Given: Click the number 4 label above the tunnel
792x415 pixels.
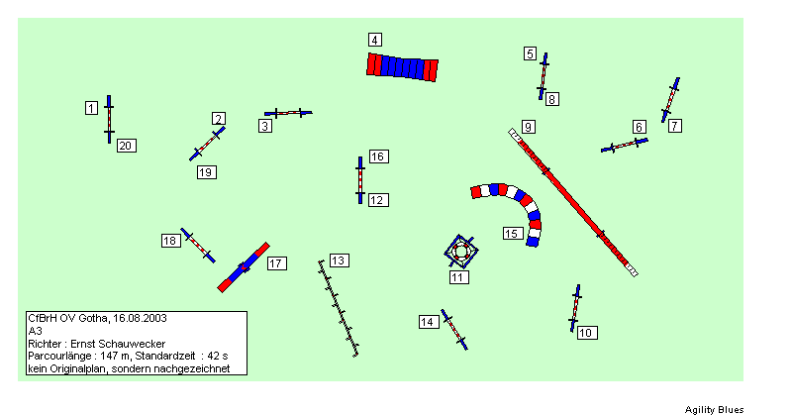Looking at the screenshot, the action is tap(374, 40).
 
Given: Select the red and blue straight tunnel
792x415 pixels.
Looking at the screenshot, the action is tap(403, 66).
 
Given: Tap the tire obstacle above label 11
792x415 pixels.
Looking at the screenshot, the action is tap(460, 251).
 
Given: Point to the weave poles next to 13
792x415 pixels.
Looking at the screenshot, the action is tap(338, 308).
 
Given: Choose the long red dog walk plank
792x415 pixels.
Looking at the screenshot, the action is tap(573, 202).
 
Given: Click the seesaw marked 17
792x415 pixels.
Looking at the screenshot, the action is tap(244, 267).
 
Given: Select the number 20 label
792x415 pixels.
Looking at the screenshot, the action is tap(127, 146).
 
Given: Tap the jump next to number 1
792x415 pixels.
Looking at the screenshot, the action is tap(109, 119).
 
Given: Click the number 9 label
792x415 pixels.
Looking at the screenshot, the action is tap(528, 127).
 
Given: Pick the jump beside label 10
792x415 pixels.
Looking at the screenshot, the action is tap(575, 308).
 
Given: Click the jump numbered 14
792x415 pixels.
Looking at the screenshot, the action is tap(454, 330).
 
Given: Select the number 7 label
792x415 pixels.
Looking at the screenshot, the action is tap(675, 126).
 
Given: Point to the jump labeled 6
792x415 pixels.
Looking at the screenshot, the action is tap(625, 145).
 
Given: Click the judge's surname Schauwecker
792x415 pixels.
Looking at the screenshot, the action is tap(137, 344).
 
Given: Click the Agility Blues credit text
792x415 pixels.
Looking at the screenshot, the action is tap(714, 409).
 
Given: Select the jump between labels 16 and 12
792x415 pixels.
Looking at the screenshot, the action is tap(360, 180).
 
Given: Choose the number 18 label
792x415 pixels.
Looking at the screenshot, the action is tap(171, 241).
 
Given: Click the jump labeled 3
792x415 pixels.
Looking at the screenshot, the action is tap(288, 113).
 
